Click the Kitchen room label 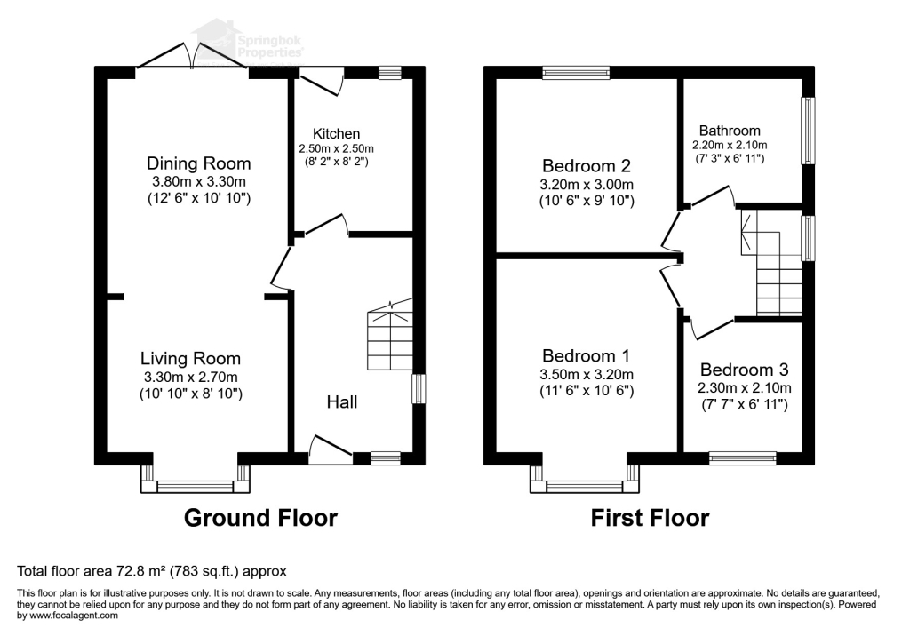click(336, 133)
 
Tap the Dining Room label click(198, 163)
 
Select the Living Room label click(190, 359)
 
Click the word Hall click(342, 401)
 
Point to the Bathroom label click(730, 131)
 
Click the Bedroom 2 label click(587, 166)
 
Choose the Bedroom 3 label click(744, 370)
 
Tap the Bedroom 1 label click(587, 355)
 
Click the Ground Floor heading click(260, 518)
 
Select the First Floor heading click(650, 518)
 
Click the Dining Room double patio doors click(192, 56)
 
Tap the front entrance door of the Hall click(331, 449)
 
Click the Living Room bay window click(196, 480)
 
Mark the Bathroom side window click(808, 131)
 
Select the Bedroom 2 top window click(576, 73)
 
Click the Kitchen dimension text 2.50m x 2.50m click(336, 148)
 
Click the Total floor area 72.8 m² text click(152, 571)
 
